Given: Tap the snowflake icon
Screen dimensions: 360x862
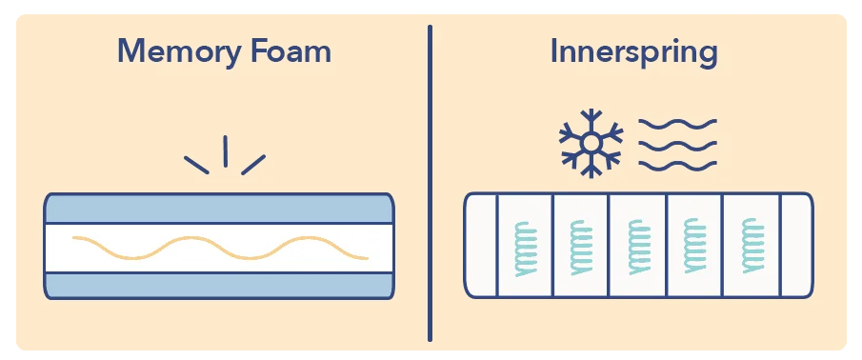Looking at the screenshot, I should [x=591, y=144].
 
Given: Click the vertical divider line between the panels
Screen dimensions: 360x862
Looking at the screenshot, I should [x=430, y=182].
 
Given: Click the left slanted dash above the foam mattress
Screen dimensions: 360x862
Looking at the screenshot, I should [x=196, y=163].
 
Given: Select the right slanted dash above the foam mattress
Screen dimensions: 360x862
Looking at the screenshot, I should [x=253, y=164].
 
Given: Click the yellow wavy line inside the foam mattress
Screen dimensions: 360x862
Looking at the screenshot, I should [x=220, y=248].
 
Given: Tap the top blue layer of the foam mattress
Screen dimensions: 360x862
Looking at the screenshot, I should [x=218, y=209].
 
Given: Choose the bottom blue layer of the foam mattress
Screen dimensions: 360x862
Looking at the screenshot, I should [x=218, y=285].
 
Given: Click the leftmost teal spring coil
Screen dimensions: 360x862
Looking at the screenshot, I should [x=525, y=249].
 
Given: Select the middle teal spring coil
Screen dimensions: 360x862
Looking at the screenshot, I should [x=637, y=249].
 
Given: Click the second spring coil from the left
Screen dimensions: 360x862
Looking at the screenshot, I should [x=581, y=249].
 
